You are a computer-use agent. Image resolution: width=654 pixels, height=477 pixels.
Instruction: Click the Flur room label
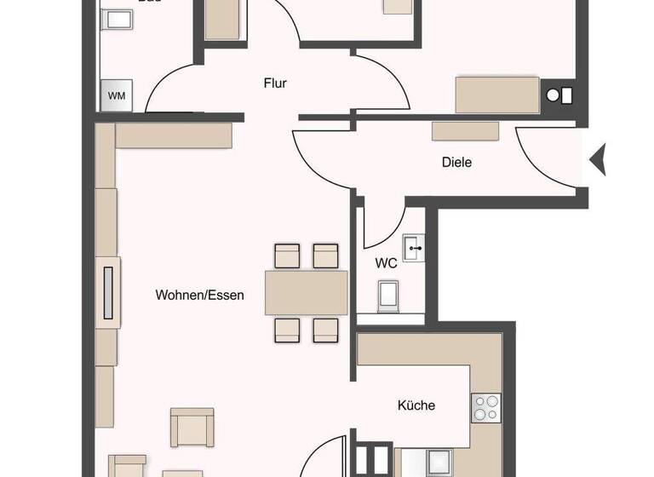pyautogui.click(x=274, y=83)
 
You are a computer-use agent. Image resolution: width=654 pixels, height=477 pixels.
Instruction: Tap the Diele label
pyautogui.click(x=456, y=162)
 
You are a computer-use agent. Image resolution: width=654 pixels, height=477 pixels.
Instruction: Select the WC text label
pyautogui.click(x=387, y=263)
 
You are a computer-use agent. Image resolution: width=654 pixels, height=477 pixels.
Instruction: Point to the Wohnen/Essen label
pyautogui.click(x=199, y=296)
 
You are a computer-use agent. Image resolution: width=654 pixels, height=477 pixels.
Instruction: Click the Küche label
pyautogui.click(x=416, y=405)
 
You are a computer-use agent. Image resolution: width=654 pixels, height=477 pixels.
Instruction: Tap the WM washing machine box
pyautogui.click(x=117, y=95)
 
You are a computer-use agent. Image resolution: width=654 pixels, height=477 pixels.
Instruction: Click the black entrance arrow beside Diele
pyautogui.click(x=598, y=159)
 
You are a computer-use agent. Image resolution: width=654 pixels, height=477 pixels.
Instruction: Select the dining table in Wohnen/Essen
pyautogui.click(x=307, y=292)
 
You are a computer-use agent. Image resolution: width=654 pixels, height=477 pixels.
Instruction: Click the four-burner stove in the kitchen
pyautogui.click(x=486, y=408)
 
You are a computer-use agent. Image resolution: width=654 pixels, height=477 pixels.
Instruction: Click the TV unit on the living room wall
pyautogui.click(x=108, y=294)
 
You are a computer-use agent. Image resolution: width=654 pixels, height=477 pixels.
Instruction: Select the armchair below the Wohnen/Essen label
pyautogui.click(x=192, y=427)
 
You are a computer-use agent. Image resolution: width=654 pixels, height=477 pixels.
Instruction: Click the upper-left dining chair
pyautogui.click(x=287, y=256)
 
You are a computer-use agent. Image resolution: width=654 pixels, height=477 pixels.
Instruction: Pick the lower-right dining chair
pyautogui.click(x=326, y=330)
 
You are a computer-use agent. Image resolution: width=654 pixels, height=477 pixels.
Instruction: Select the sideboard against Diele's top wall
pyautogui.click(x=465, y=130)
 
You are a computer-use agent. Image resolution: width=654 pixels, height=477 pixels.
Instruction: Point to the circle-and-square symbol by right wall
pyautogui.click(x=559, y=95)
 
